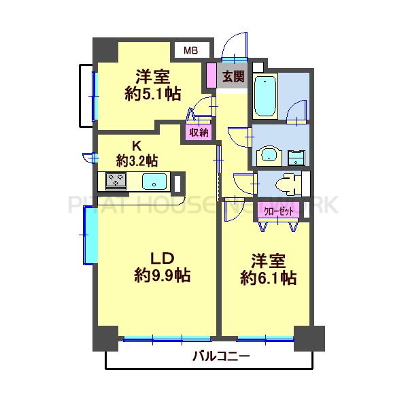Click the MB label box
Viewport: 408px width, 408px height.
[190, 50]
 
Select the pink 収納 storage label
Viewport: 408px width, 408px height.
[199, 132]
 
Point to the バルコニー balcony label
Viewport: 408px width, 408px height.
[220, 356]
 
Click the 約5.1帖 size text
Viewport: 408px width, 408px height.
[152, 95]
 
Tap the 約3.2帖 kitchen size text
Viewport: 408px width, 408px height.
[137, 161]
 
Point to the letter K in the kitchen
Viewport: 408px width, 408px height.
[136, 145]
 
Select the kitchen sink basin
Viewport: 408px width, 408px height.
[154, 182]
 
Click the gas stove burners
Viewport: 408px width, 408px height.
[114, 182]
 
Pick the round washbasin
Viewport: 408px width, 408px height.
[270, 156]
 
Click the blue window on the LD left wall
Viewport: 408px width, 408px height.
[88, 235]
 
